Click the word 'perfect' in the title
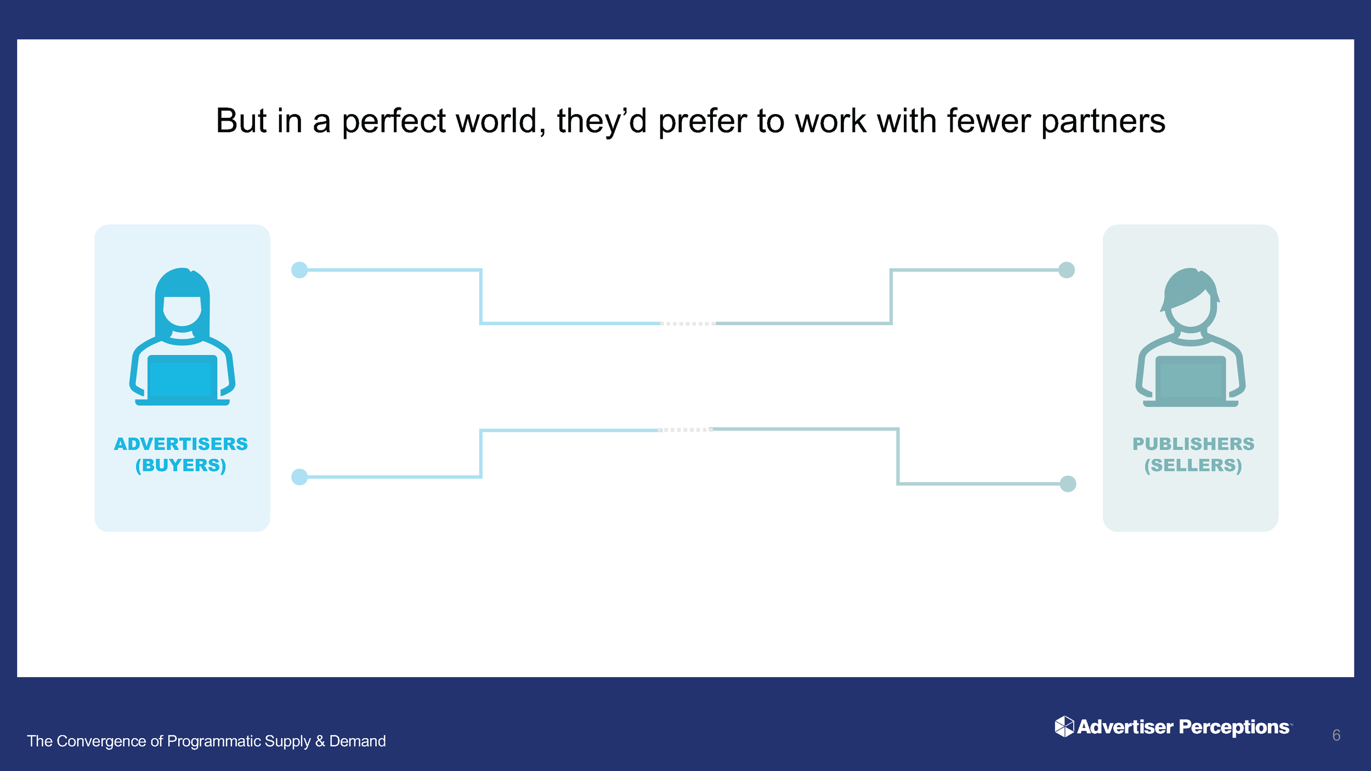[393, 121]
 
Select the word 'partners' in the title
[1103, 121]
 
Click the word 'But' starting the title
[241, 121]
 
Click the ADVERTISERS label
[181, 444]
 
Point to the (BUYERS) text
[181, 465]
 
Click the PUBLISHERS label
[1193, 444]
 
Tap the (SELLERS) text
[1193, 465]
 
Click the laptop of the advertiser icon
[182, 378]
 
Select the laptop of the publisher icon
[1191, 379]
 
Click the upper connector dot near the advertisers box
[299, 270]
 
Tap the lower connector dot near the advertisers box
[299, 477]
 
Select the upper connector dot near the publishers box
[1066, 270]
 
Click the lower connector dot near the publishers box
[1068, 484]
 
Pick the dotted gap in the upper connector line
[688, 324]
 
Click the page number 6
[1336, 735]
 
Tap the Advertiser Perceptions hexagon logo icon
[1064, 727]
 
